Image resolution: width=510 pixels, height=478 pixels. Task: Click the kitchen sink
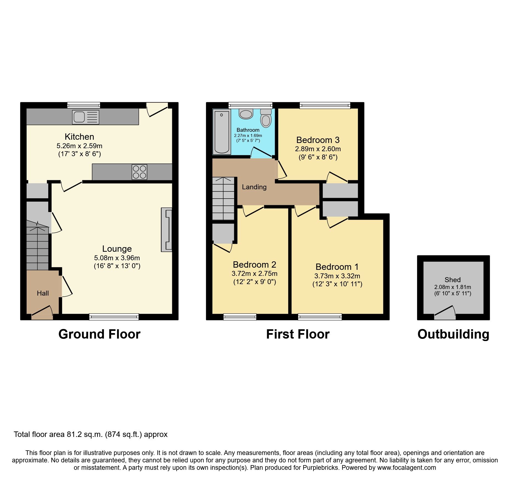click(85, 117)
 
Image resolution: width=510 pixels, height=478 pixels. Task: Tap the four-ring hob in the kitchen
click(139, 172)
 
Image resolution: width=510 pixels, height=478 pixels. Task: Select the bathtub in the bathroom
click(222, 132)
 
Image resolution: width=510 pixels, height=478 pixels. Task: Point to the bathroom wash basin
click(246, 114)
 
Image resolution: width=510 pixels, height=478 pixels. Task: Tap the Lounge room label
click(117, 249)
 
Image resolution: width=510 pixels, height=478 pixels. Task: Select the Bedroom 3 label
click(318, 140)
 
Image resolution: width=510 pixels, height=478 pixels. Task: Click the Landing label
click(254, 187)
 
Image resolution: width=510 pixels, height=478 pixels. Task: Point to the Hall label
click(43, 293)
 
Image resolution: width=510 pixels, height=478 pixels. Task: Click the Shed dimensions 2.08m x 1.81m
click(452, 287)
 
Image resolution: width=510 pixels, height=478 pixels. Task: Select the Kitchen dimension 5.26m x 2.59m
click(79, 146)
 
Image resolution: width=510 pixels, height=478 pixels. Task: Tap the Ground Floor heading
click(99, 334)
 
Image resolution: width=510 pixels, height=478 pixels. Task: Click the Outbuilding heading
click(453, 334)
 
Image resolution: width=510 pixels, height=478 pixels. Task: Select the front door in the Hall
click(42, 313)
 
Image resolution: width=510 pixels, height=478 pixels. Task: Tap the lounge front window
click(114, 317)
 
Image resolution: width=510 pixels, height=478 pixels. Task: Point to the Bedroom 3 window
click(325, 105)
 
